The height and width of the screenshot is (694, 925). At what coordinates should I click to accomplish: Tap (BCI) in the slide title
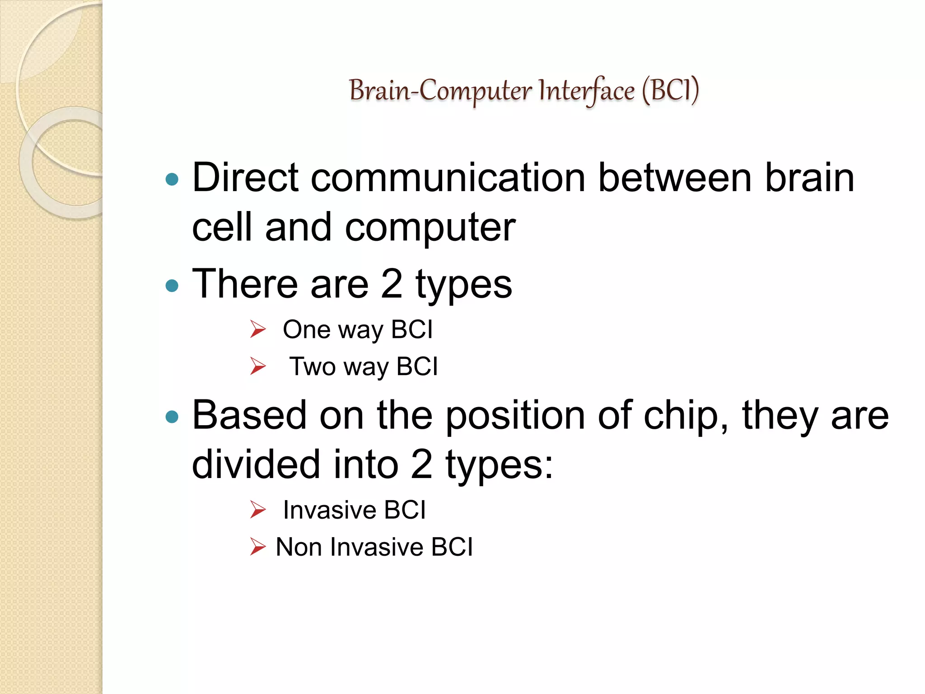pyautogui.click(x=671, y=90)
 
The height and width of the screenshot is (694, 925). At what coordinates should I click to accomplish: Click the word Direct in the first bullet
pyautogui.click(x=245, y=178)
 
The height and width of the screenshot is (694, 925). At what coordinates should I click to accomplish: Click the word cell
pyautogui.click(x=222, y=227)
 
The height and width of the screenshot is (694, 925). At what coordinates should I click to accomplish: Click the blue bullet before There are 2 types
pyautogui.click(x=172, y=286)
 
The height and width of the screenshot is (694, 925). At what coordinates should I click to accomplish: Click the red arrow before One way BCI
pyautogui.click(x=258, y=329)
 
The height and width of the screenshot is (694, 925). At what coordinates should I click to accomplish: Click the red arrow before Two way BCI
pyautogui.click(x=258, y=366)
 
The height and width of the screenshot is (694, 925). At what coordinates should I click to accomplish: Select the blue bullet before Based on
pyautogui.click(x=172, y=417)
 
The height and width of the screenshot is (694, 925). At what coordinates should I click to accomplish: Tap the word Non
pyautogui.click(x=299, y=547)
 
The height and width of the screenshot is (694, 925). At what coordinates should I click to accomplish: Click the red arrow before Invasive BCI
pyautogui.click(x=258, y=510)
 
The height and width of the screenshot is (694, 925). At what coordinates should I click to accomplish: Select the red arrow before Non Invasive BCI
pyautogui.click(x=258, y=547)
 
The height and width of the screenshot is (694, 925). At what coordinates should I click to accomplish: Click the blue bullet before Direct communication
pyautogui.click(x=172, y=179)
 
